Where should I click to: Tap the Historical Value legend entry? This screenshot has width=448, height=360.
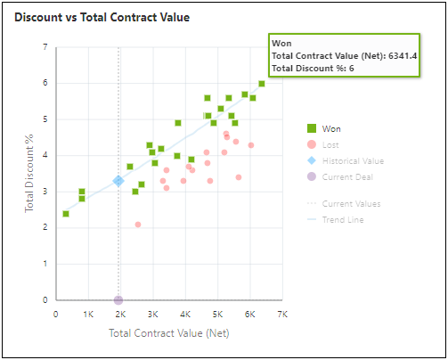point(353,160)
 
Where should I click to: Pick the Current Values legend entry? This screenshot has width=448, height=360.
point(350,203)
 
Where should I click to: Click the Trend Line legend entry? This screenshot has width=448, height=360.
point(342,219)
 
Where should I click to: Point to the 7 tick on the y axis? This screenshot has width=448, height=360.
point(45,46)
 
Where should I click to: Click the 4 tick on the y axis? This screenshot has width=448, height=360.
point(45,155)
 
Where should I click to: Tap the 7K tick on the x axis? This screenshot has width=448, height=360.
point(282,315)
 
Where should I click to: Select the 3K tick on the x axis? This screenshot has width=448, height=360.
point(152,315)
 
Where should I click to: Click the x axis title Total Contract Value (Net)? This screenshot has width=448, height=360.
point(168,332)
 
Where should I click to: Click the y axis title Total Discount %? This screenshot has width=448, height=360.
point(29,174)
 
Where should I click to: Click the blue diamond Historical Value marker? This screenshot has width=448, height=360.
point(118,181)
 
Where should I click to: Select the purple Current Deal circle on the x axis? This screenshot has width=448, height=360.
point(118,300)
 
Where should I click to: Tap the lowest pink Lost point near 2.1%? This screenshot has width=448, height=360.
point(138,225)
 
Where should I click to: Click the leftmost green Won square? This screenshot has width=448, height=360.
point(66,214)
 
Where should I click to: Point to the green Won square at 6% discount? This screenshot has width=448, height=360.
point(262,84)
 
